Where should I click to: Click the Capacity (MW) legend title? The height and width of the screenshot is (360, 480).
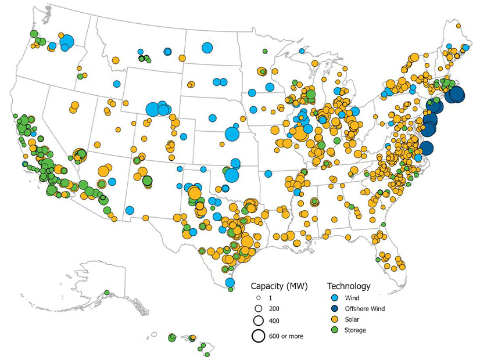click(278, 286)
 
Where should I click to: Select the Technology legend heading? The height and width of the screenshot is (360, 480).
click(349, 286)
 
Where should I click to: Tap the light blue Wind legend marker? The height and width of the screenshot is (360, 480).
click(333, 298)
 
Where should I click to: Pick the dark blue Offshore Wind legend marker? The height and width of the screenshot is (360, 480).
click(333, 309)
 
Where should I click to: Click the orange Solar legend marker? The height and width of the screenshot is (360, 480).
click(333, 319)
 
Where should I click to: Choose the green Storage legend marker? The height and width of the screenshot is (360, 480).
click(333, 330)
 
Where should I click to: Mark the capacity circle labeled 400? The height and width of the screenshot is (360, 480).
click(259, 321)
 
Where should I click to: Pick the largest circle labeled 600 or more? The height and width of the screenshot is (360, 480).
click(259, 336)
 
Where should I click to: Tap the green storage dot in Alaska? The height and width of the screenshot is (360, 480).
click(107, 292)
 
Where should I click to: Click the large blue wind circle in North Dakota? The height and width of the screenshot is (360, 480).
click(207, 48)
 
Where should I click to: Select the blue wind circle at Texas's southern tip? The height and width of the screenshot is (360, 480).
click(230, 282)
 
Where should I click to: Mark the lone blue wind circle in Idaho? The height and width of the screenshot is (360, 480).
click(117, 84)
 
